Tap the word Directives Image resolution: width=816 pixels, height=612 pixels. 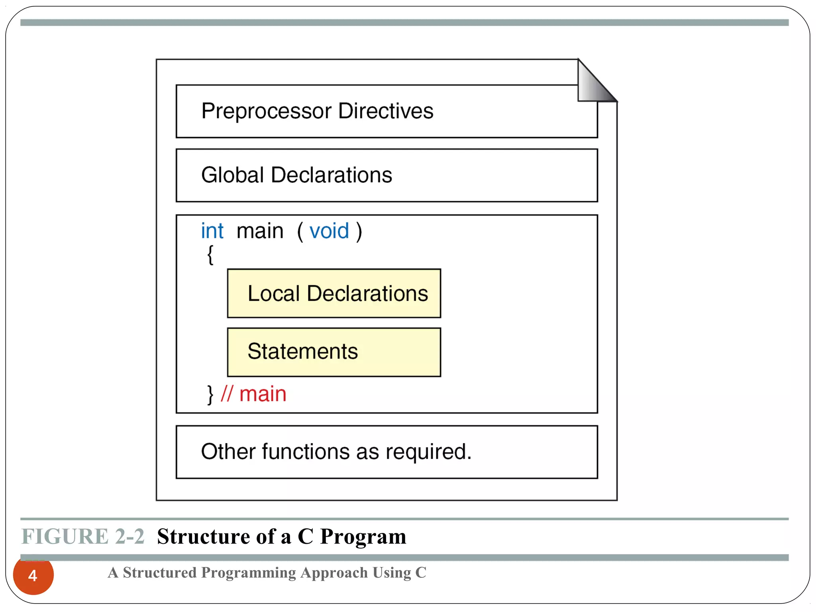pyautogui.click(x=385, y=111)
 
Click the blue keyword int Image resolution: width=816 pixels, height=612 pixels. pyautogui.click(x=212, y=231)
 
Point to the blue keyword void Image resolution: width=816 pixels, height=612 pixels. pyautogui.click(x=329, y=231)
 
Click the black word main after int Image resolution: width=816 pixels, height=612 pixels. pyautogui.click(x=260, y=231)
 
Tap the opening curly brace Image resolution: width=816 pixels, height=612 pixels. pyautogui.click(x=210, y=255)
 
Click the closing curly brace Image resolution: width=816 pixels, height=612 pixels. pyautogui.click(x=210, y=394)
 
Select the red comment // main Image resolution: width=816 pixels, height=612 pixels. pyautogui.click(x=254, y=394)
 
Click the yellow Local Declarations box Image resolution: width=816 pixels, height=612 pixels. pyautogui.click(x=334, y=294)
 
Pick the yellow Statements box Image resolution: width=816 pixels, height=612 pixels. pyautogui.click(x=334, y=352)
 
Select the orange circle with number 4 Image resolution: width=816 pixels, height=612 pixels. pyautogui.click(x=33, y=575)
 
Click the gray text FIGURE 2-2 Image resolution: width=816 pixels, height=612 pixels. pyautogui.click(x=82, y=536)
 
